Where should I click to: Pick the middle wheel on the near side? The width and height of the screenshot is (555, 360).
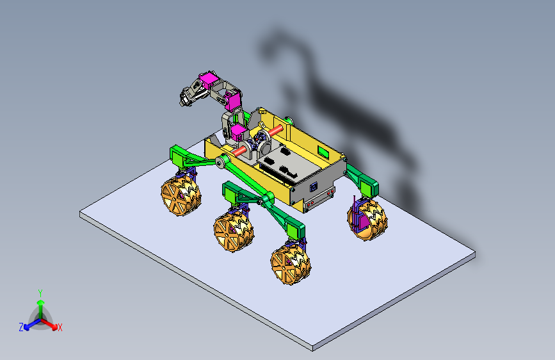tap(234, 231)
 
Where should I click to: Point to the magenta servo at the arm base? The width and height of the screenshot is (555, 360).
tap(237, 132)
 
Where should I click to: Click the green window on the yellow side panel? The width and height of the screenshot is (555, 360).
tap(323, 152)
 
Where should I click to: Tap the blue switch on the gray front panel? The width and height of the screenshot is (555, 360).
tap(313, 187)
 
